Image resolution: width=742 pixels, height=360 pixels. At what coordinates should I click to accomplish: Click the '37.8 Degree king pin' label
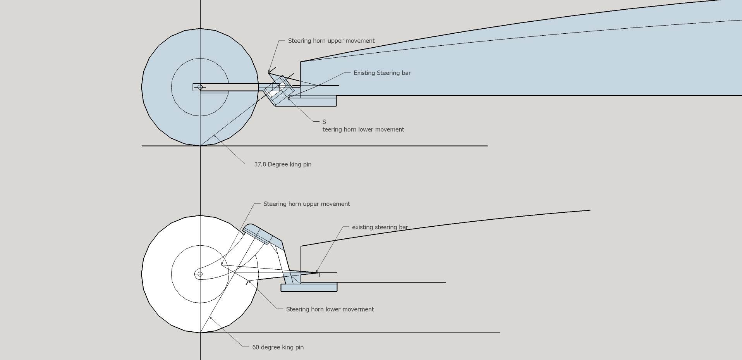coord(283,164)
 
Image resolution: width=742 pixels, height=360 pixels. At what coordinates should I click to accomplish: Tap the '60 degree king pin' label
coord(278,347)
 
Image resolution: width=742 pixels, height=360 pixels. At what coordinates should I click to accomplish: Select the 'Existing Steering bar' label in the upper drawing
coord(382,73)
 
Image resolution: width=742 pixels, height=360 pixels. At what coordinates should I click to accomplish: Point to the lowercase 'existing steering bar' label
coord(380,227)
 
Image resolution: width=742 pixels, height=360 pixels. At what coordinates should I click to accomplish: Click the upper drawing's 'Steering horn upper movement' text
coord(331,41)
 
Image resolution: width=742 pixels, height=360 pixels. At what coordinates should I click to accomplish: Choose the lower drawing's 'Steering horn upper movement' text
coord(306,204)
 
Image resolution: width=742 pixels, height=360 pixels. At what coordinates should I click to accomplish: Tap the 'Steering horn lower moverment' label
coord(330,309)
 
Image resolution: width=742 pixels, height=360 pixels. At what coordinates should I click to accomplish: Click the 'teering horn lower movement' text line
coord(363,129)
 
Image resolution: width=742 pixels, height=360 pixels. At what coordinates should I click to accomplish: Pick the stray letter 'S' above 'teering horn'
coord(324,122)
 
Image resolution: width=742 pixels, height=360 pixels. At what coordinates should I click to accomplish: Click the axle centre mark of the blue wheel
coord(200,87)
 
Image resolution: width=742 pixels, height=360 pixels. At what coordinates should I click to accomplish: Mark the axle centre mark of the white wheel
coord(200,274)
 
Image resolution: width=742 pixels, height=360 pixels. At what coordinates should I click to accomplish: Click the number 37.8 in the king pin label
coord(260,164)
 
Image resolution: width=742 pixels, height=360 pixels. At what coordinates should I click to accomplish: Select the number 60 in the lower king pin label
coord(256,347)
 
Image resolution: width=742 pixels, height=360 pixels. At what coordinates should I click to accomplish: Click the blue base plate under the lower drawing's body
coord(309,287)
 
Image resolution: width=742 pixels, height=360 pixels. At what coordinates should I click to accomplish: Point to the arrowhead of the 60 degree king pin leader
coord(210,318)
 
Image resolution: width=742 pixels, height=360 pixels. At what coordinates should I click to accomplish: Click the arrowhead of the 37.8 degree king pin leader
coord(215,136)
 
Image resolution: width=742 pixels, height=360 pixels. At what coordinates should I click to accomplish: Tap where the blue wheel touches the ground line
coord(200,146)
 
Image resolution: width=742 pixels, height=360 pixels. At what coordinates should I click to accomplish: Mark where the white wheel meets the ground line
coord(200,332)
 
